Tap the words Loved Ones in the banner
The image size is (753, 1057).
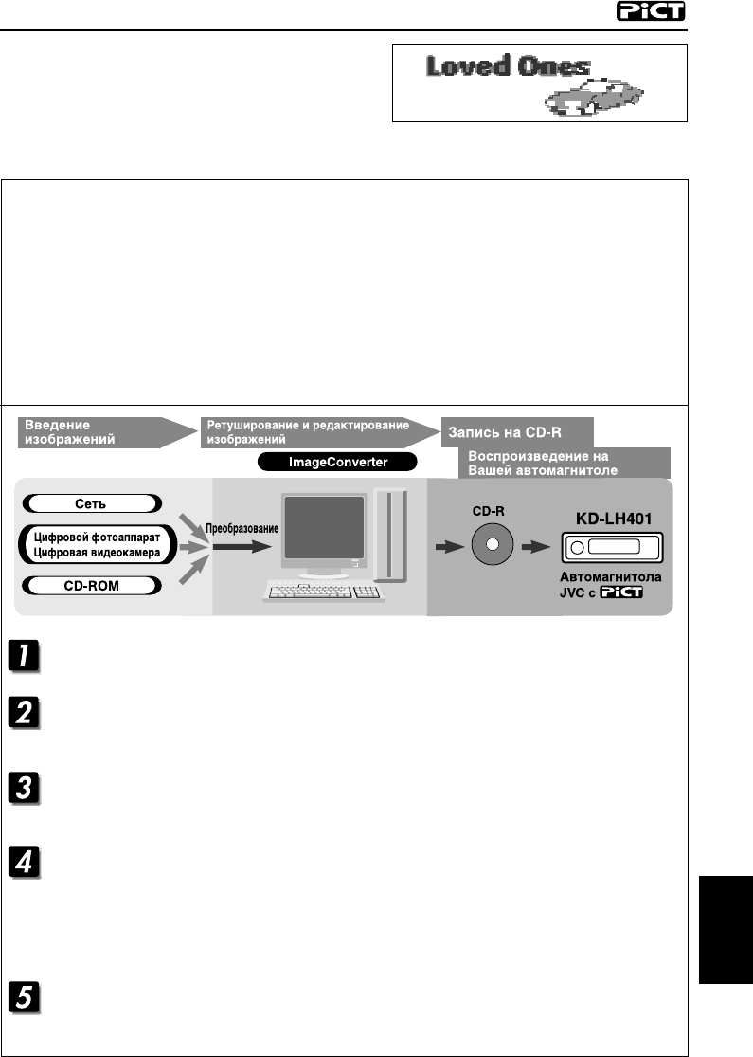(508, 68)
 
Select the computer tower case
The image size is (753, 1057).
(390, 534)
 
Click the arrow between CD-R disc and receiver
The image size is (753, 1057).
(536, 547)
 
